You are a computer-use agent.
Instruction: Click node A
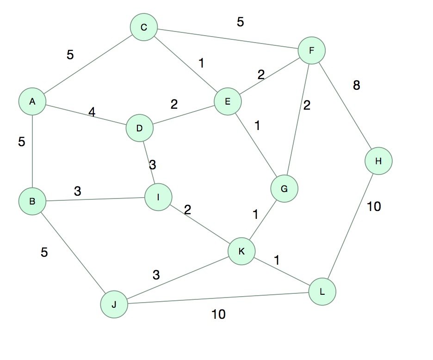click(x=32, y=101)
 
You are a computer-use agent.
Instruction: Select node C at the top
click(x=144, y=28)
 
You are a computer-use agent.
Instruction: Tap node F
click(x=311, y=50)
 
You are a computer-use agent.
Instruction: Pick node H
click(x=378, y=161)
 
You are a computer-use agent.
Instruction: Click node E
click(x=228, y=101)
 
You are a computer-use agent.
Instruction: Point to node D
click(x=139, y=128)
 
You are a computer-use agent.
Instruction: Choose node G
click(x=284, y=189)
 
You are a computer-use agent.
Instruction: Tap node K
click(x=241, y=251)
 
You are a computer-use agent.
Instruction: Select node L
click(x=322, y=292)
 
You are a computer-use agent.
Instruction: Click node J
click(x=114, y=304)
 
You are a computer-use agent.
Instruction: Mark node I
click(x=158, y=197)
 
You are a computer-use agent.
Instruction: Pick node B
click(x=32, y=201)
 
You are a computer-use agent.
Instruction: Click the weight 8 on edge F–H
click(x=356, y=85)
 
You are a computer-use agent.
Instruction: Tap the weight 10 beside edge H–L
click(x=374, y=207)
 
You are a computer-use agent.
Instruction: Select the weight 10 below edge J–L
click(x=218, y=315)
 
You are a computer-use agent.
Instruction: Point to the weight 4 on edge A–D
click(x=92, y=112)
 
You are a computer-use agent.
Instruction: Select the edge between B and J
click(x=73, y=253)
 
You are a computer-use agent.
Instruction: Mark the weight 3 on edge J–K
click(x=156, y=275)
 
